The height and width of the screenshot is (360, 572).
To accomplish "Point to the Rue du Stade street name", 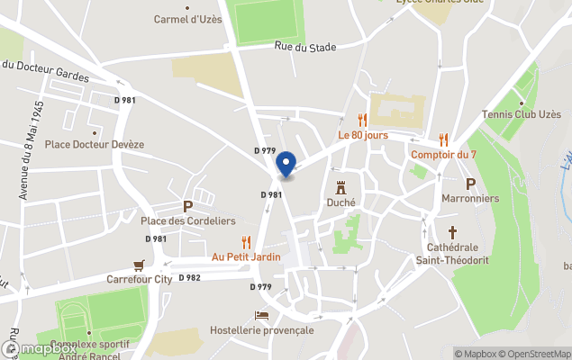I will point(299,47).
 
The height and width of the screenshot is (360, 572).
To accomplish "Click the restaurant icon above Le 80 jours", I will point(362,120).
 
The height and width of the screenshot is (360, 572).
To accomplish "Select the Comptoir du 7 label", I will point(442,154).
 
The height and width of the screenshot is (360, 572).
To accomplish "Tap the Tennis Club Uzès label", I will point(520,114).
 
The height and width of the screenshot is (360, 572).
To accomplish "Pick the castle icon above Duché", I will point(340,188).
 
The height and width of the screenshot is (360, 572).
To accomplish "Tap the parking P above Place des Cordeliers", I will point(187,206).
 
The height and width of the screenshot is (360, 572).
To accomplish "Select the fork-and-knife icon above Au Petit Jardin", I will point(246,241).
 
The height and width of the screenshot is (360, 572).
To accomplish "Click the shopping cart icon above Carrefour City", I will point(139,265).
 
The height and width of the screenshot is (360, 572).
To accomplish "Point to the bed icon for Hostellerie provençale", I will point(261,316).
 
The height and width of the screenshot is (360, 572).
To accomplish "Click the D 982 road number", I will point(189,278).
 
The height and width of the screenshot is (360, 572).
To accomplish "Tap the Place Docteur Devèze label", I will point(95,144).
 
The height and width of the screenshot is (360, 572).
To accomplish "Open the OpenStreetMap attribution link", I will point(535,354).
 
